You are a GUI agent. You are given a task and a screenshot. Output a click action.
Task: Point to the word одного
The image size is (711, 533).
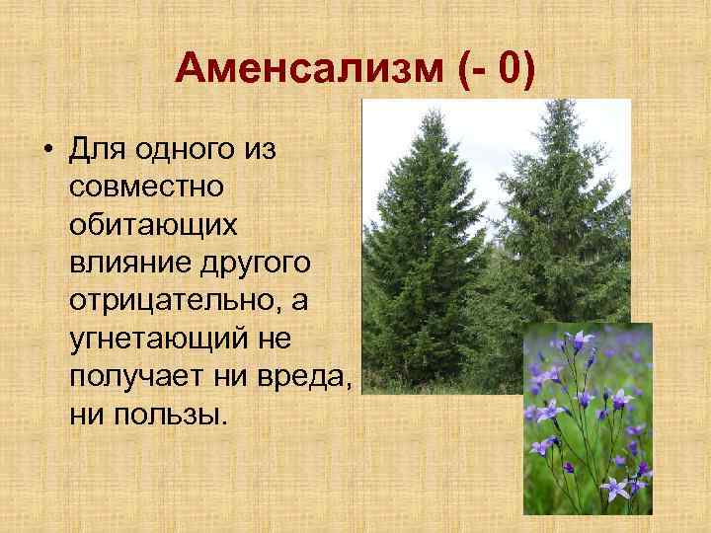coord(185,151)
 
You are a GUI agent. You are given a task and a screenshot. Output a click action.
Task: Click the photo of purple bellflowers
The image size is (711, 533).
coord(587,419)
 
